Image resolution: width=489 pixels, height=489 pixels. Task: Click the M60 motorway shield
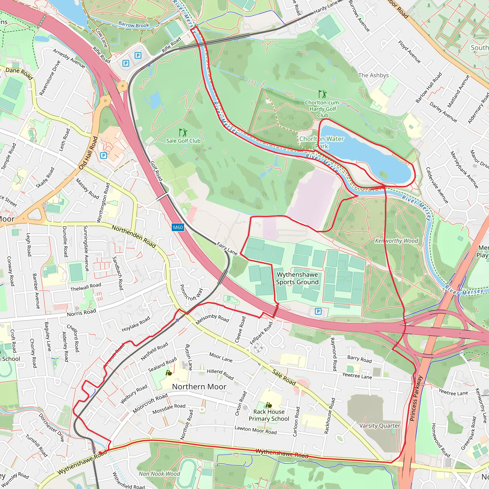pyautogui.click(x=178, y=227)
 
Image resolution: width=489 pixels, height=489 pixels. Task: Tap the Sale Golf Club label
pyautogui.click(x=183, y=141)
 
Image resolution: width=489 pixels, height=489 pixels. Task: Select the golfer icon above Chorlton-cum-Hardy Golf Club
pyautogui.click(x=322, y=94)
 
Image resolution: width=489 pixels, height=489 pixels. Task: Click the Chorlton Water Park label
pyautogui.click(x=321, y=142)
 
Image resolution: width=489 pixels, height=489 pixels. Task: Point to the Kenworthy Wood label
pyautogui.click(x=396, y=241)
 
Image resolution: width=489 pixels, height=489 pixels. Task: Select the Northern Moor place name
pyautogui.click(x=199, y=387)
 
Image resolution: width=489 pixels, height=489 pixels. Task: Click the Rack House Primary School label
pyautogui.click(x=269, y=415)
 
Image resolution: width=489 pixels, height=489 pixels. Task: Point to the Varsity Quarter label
pyautogui.click(x=380, y=426)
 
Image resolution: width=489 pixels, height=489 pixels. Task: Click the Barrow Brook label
pyautogui.click(x=134, y=25)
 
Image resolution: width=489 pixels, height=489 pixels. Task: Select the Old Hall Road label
pyautogui.click(x=88, y=153)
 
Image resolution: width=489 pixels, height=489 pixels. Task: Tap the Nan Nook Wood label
pyautogui.click(x=159, y=474)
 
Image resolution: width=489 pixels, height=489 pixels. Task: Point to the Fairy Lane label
pyautogui.click(x=227, y=249)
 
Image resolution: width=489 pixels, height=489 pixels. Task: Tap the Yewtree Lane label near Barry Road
pyautogui.click(x=357, y=376)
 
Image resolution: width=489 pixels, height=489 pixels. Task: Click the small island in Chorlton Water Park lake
pyautogui.click(x=384, y=174)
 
